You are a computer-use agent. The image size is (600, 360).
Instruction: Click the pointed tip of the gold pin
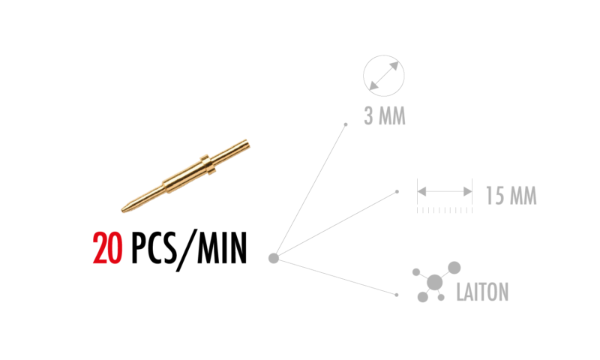123,210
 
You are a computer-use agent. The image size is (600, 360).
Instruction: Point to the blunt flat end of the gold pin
247,142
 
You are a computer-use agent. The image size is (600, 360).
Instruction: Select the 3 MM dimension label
384,117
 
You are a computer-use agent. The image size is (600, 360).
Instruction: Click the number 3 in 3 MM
369,117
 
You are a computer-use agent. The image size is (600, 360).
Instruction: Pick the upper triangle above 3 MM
394,66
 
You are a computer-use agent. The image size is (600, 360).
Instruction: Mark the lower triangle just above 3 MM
373,85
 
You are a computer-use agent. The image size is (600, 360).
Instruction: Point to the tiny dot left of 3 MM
346,124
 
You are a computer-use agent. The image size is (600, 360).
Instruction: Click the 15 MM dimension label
511,196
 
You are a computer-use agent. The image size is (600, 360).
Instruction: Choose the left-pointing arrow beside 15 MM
422,192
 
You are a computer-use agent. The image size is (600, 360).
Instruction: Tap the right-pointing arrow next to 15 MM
466,192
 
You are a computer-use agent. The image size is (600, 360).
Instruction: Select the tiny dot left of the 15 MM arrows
397,192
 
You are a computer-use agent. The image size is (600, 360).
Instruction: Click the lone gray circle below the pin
274,258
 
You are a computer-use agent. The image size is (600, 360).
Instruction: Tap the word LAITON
482,292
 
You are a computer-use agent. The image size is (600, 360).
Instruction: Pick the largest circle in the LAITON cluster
434,282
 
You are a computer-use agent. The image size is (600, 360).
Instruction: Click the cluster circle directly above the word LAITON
454,267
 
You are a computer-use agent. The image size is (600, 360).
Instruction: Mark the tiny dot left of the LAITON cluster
397,295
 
